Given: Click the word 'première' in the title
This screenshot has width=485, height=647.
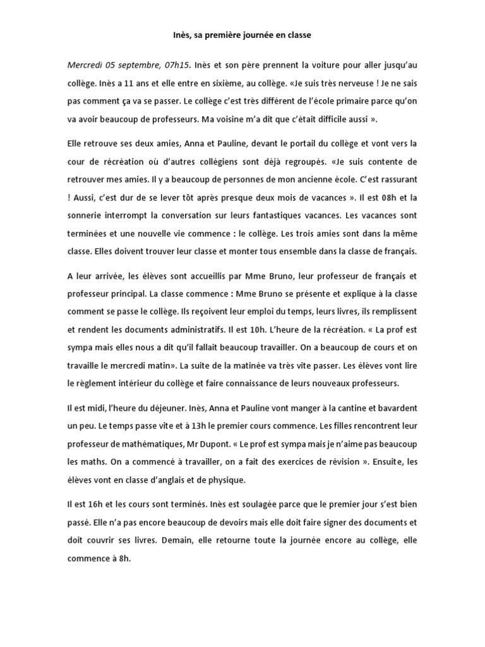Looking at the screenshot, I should point(226,36).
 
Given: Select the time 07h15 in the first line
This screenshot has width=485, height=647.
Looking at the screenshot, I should point(173,65).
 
